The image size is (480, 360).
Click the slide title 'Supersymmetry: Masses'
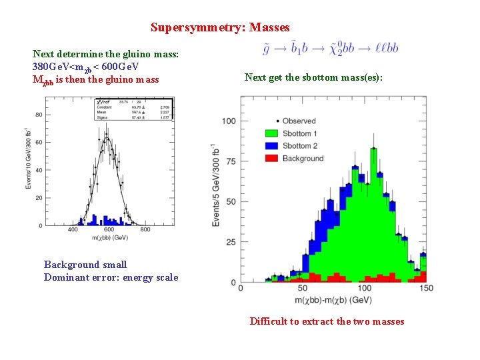tap(220, 27)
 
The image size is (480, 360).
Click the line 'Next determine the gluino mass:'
tap(105, 54)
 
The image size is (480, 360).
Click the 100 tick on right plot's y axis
tap(229, 121)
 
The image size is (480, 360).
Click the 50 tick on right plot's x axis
tap(303, 288)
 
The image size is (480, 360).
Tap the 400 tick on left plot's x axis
tap(73, 230)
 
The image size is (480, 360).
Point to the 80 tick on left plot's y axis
tap(38, 115)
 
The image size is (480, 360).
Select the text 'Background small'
tap(85, 265)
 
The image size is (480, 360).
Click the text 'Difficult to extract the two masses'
tap(327, 321)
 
